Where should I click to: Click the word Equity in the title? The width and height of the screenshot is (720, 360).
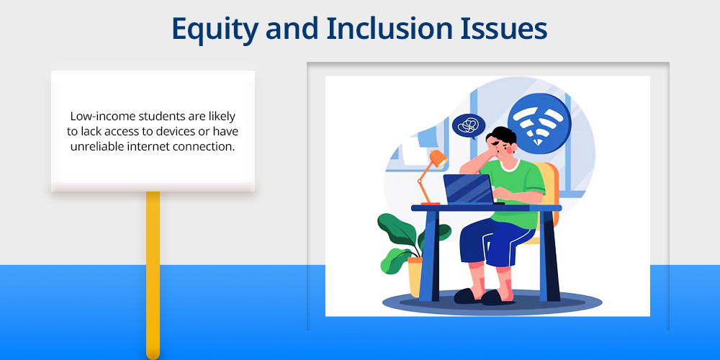click(215, 29)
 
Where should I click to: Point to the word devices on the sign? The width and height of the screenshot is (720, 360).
click(184, 132)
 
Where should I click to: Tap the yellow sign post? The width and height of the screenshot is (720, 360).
click(153, 274)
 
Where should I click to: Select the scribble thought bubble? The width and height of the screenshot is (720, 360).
click(469, 125)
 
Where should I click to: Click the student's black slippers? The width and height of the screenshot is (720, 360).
click(483, 297)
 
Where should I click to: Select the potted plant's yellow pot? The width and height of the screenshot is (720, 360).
click(415, 276)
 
